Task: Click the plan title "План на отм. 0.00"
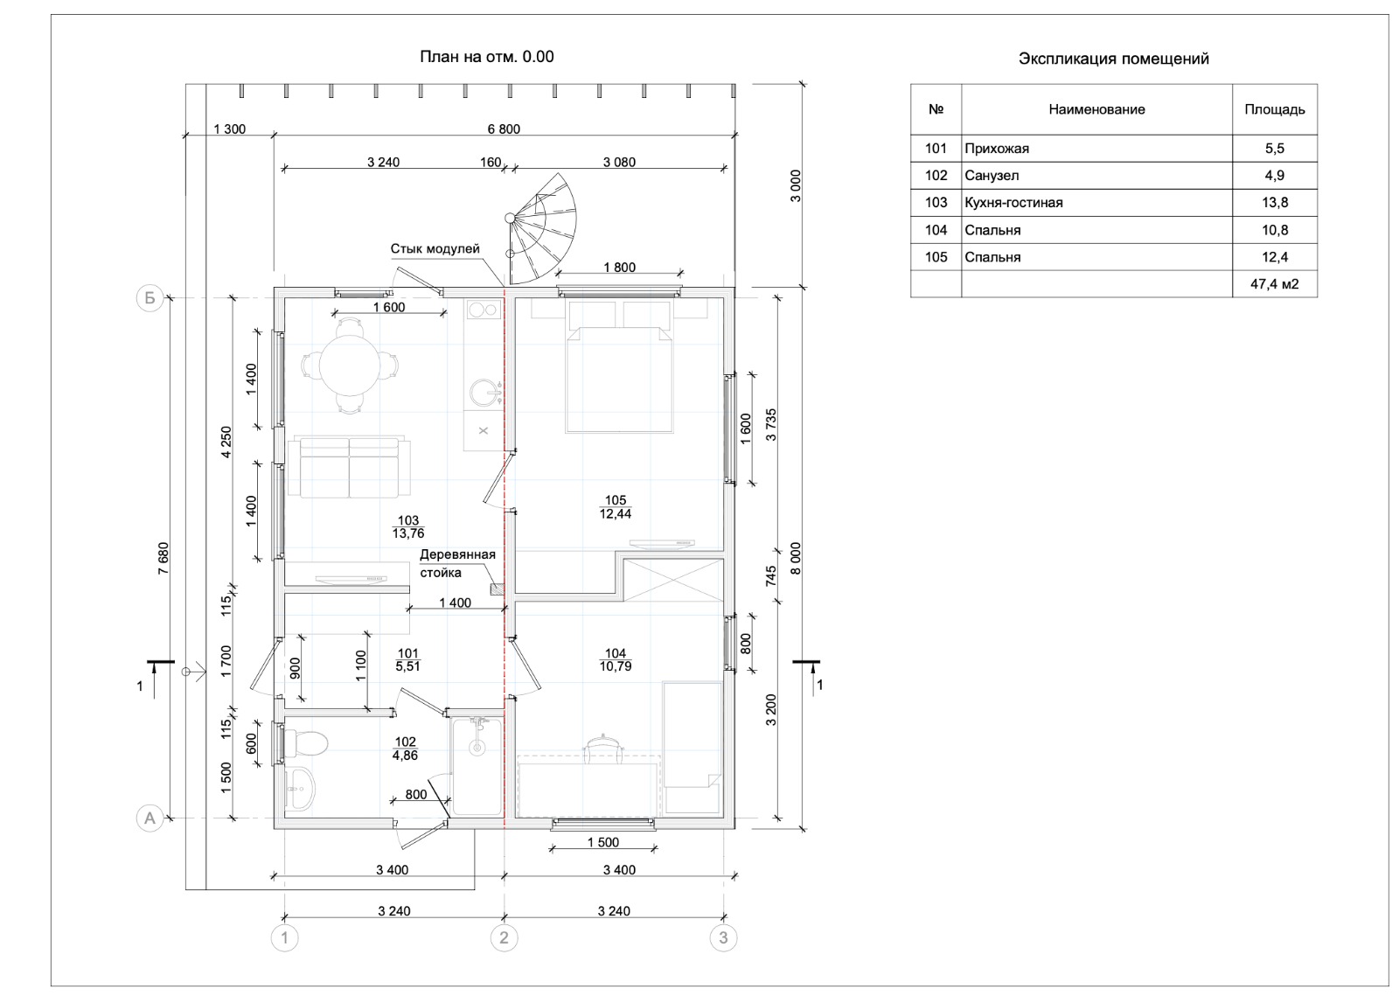tap(486, 57)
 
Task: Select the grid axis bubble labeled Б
tap(150, 298)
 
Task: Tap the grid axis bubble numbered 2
tap(504, 937)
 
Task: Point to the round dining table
tap(349, 366)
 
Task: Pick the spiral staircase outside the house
tap(541, 228)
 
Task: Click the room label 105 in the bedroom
tap(616, 500)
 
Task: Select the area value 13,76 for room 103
tap(408, 533)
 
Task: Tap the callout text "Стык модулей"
tap(435, 248)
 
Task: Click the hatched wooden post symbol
tap(498, 589)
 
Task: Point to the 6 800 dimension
tap(504, 129)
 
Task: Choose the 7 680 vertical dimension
tap(163, 558)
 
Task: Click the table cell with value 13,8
tap(1274, 202)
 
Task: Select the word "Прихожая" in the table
tap(997, 149)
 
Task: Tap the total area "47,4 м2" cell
tap(1274, 284)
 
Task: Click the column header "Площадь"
tap(1275, 109)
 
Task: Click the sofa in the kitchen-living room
tap(349, 467)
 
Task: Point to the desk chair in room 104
tap(603, 748)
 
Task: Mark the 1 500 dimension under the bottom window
tap(603, 842)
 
